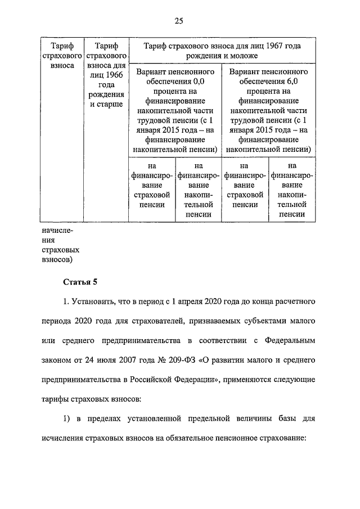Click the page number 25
tap(179, 21)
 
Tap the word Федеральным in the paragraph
tap(294, 340)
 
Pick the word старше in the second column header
tap(110, 105)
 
